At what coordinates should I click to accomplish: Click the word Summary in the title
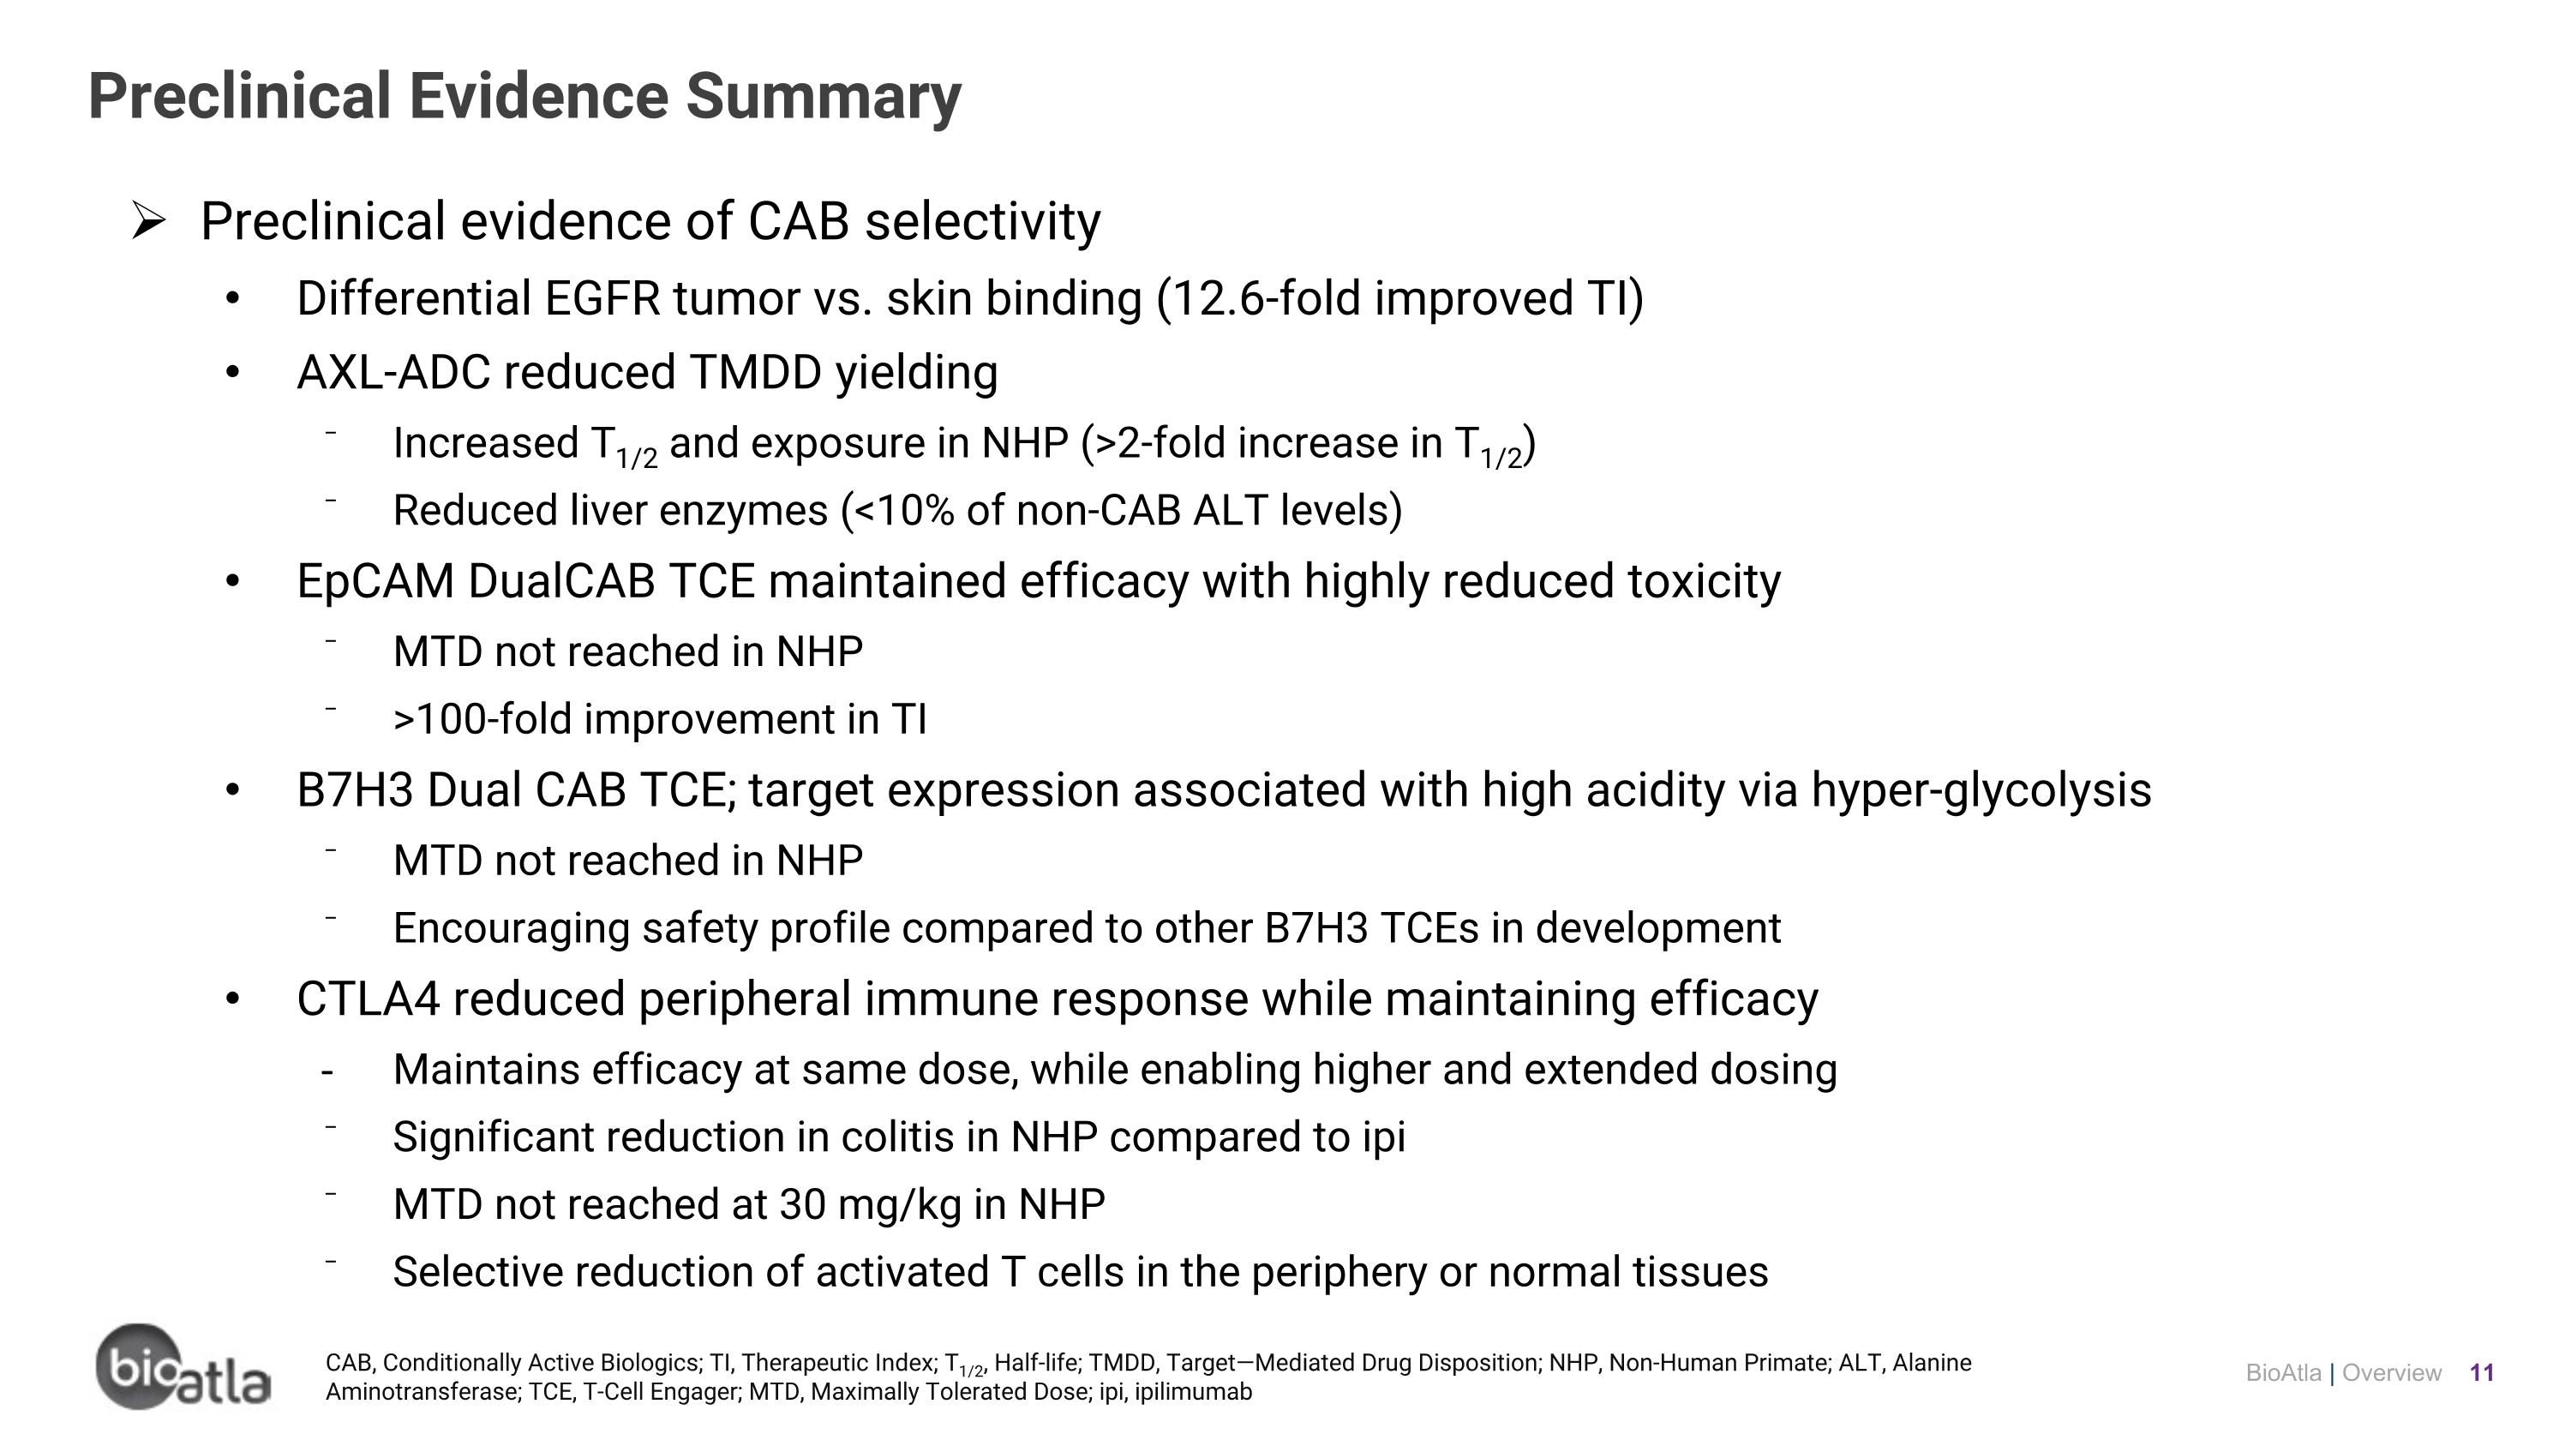tap(823, 97)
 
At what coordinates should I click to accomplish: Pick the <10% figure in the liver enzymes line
tap(904, 511)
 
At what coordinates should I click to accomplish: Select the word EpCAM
tap(375, 582)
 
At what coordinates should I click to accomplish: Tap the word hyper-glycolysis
tap(1981, 790)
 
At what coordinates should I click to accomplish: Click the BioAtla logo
tap(183, 1367)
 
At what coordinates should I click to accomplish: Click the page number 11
tap(2481, 1373)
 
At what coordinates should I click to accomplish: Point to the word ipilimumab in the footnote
tap(1193, 1392)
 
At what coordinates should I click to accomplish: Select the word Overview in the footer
tap(2391, 1373)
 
